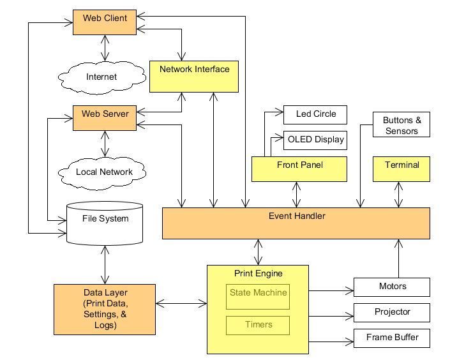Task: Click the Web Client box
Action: point(105,22)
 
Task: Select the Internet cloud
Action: point(102,77)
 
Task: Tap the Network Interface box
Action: point(194,77)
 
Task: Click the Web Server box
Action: point(105,118)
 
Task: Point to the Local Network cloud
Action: point(102,173)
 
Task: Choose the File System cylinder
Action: point(105,223)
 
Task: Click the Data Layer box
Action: point(105,310)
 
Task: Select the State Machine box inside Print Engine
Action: point(258,297)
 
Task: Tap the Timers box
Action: point(258,326)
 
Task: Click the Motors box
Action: point(392,287)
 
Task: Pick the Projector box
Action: point(392,313)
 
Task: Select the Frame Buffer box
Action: point(392,338)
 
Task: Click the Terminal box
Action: point(401,169)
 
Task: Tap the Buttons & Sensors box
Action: point(401,124)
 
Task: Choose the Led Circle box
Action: point(315,115)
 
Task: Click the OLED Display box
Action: point(315,140)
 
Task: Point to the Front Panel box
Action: point(299,169)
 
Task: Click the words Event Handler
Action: point(297,216)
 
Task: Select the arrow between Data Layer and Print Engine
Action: point(181,303)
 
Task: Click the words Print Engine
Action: point(259,273)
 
